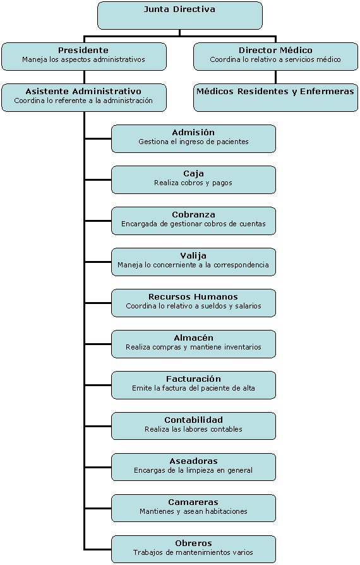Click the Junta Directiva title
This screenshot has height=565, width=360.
pyautogui.click(x=179, y=9)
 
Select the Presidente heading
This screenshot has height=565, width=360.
pyautogui.click(x=83, y=50)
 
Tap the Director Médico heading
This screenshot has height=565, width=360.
pyautogui.click(x=275, y=50)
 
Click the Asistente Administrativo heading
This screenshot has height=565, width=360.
pyautogui.click(x=83, y=91)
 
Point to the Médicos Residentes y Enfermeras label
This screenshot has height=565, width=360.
pyautogui.click(x=275, y=92)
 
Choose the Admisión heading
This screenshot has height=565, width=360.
pyautogui.click(x=193, y=132)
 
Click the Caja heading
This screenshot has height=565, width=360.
pyautogui.click(x=193, y=174)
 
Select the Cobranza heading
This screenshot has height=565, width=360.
pyautogui.click(x=193, y=214)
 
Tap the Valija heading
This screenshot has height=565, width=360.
pyautogui.click(x=193, y=256)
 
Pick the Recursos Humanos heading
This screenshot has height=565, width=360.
pyautogui.click(x=193, y=296)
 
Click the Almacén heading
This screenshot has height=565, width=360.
pyautogui.click(x=193, y=337)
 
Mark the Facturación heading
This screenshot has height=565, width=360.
pyautogui.click(x=193, y=379)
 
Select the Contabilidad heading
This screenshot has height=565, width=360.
pyautogui.click(x=193, y=420)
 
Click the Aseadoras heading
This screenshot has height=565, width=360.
pyautogui.click(x=193, y=461)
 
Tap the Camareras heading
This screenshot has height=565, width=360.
pyautogui.click(x=193, y=502)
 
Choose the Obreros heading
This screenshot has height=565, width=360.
pyautogui.click(x=193, y=543)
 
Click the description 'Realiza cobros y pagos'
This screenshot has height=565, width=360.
pyautogui.click(x=193, y=183)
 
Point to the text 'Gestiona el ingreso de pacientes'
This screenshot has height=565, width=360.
pyautogui.click(x=193, y=142)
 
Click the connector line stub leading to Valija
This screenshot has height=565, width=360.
pyautogui.click(x=99, y=262)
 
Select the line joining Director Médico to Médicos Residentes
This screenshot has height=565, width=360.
pyautogui.click(x=275, y=77)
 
